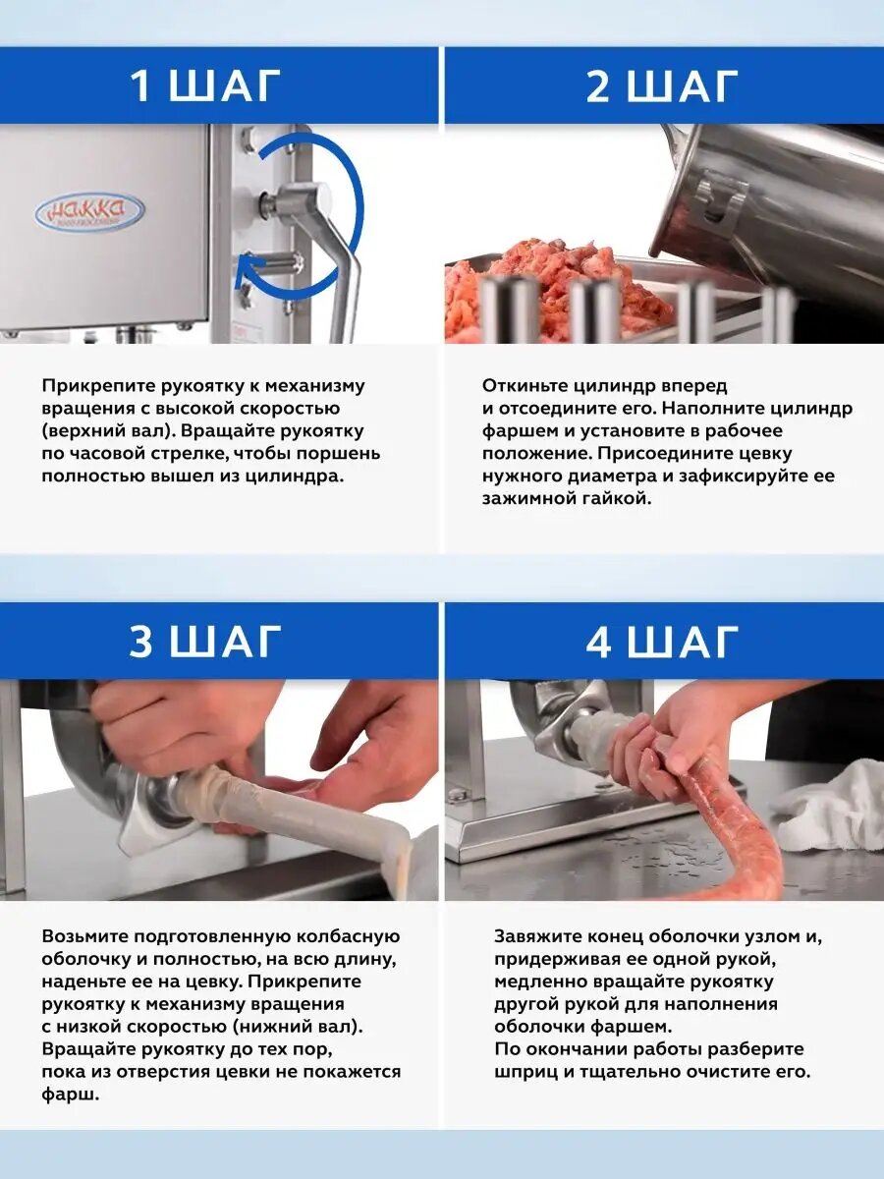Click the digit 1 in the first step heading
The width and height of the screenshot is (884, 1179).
coord(140,85)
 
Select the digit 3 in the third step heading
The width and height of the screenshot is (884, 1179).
coord(141,641)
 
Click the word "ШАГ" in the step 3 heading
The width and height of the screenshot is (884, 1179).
coord(226,641)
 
